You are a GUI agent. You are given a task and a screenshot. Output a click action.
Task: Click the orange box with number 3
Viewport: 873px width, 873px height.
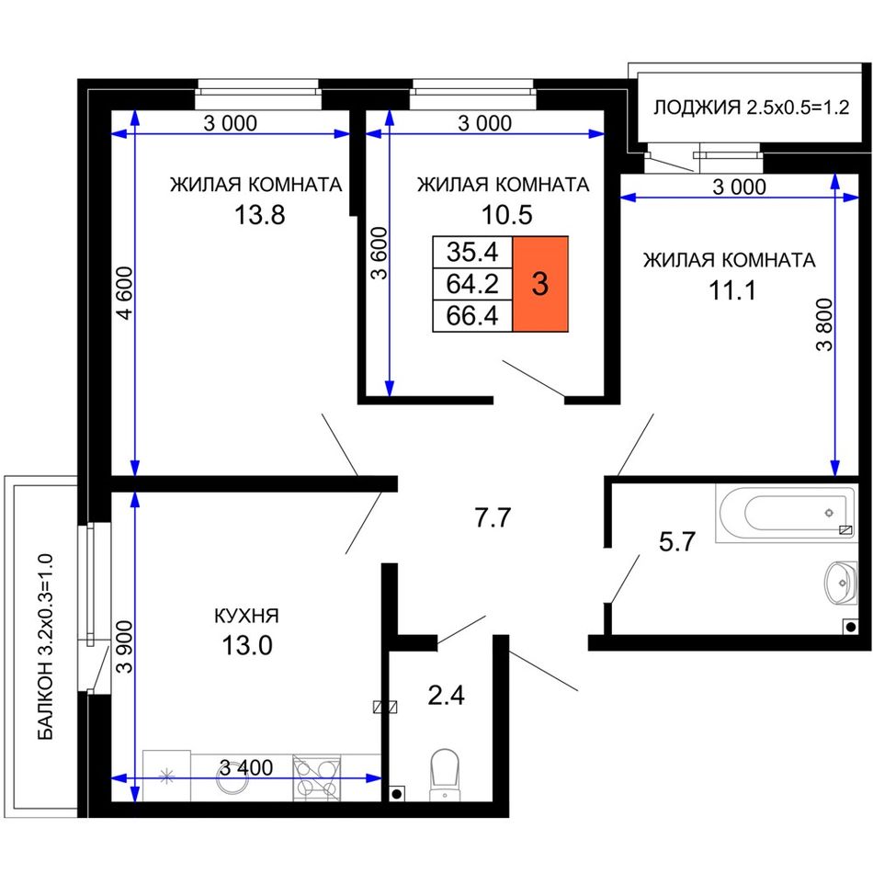[x=540, y=284]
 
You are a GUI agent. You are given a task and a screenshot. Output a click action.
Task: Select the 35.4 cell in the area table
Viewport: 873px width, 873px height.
[x=472, y=252]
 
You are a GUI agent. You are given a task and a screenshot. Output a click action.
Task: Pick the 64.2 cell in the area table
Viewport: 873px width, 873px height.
[x=472, y=285]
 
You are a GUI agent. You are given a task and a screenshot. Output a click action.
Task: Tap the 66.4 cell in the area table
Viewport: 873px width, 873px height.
[x=472, y=316]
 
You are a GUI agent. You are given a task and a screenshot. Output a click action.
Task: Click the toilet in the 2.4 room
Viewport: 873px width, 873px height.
[x=445, y=774]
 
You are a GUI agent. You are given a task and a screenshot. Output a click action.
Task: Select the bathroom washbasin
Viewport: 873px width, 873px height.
[x=841, y=583]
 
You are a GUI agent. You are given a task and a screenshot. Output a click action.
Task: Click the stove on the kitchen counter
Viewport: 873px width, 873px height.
[x=317, y=777]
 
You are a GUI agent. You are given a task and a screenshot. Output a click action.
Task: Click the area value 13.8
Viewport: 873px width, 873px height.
[x=259, y=215]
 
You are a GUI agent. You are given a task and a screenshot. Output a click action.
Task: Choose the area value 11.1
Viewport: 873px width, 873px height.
[x=732, y=290]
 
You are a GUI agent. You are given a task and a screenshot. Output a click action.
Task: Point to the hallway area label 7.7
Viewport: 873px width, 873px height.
[x=493, y=517]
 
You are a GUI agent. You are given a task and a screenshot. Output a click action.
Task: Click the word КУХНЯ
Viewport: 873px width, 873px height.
[x=246, y=616]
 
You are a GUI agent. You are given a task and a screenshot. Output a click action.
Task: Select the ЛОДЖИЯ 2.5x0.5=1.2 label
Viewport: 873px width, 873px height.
[x=751, y=107]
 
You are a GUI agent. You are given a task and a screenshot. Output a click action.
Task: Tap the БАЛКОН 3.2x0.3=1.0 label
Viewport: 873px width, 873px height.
[x=46, y=646]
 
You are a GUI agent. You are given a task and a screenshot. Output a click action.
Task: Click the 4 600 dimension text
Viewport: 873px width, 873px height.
[x=125, y=293]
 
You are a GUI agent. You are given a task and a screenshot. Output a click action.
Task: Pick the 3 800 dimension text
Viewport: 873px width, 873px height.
[x=824, y=324]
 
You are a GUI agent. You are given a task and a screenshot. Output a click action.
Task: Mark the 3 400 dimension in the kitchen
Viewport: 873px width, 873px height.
[x=246, y=767]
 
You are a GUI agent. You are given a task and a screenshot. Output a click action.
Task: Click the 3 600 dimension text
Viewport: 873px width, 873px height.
[x=379, y=254]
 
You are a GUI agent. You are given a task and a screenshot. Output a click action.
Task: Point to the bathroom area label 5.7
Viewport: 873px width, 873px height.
[x=677, y=542]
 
